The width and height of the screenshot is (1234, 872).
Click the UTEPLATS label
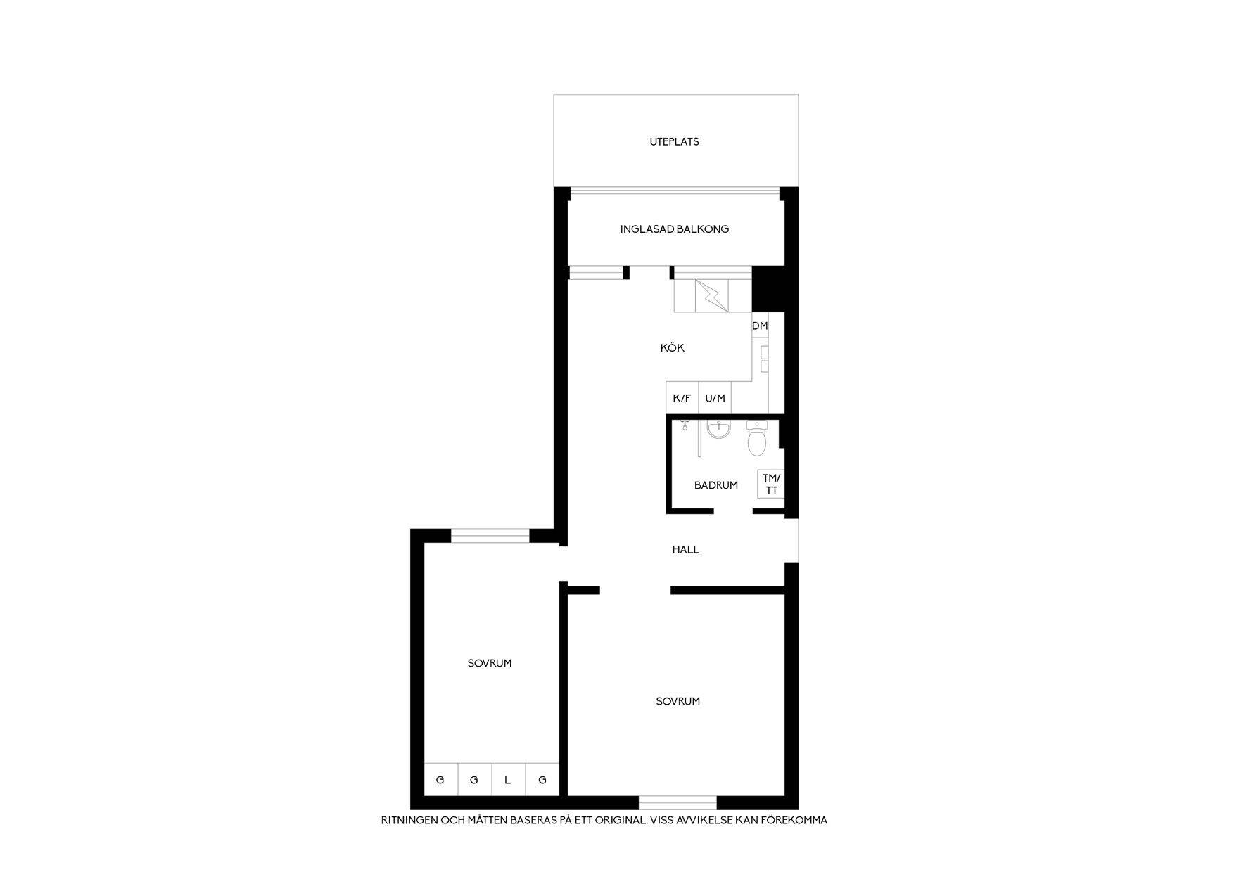(x=674, y=141)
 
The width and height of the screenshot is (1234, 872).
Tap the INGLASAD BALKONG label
(x=674, y=229)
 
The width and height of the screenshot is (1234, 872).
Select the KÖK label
(x=672, y=347)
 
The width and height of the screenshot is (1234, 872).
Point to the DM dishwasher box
(x=760, y=326)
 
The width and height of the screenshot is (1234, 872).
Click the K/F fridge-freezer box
(x=682, y=398)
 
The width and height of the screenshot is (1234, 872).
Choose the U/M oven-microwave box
(x=715, y=398)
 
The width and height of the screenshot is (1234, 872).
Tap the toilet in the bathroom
(x=756, y=438)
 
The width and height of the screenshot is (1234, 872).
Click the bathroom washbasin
(x=719, y=429)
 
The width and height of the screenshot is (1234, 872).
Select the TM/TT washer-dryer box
(x=771, y=484)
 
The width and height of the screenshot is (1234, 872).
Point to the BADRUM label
(x=715, y=485)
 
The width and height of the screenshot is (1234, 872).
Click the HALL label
(x=685, y=550)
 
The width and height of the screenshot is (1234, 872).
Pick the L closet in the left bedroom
(x=508, y=779)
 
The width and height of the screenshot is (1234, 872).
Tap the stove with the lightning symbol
(x=713, y=296)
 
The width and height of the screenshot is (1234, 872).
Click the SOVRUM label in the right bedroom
(x=678, y=701)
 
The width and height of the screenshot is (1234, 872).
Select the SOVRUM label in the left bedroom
(x=490, y=663)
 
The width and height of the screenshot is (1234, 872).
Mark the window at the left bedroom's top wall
(x=490, y=536)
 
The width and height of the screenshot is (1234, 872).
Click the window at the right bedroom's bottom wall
(x=678, y=802)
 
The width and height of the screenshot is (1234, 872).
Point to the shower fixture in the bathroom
(x=685, y=425)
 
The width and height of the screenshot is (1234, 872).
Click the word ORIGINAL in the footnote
(x=620, y=820)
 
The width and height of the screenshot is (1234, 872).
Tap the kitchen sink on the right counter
(x=764, y=359)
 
